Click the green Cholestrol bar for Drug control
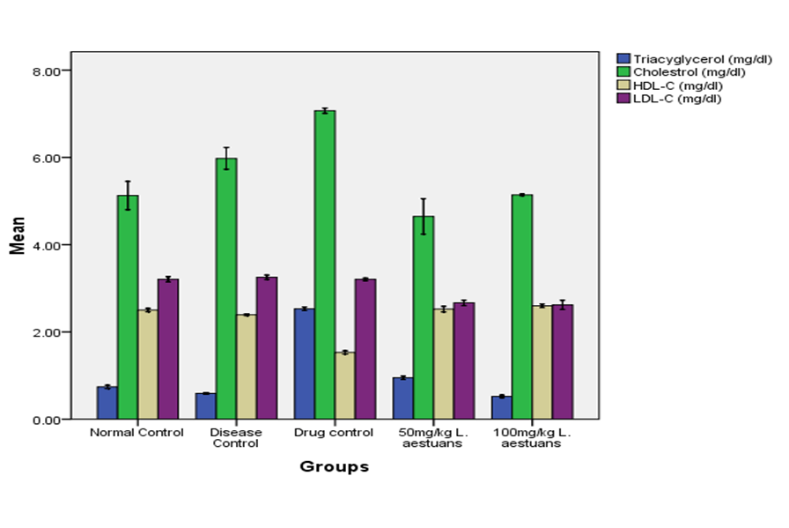pos(325,264)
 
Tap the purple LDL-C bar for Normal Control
pos(167,349)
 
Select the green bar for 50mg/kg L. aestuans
pos(424,317)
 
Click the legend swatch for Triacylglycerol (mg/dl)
pos(624,58)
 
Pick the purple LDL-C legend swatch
pos(624,98)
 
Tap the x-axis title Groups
pos(334,467)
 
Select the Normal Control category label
pos(136,433)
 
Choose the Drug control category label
pos(334,433)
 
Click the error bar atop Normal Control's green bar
pos(128,195)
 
